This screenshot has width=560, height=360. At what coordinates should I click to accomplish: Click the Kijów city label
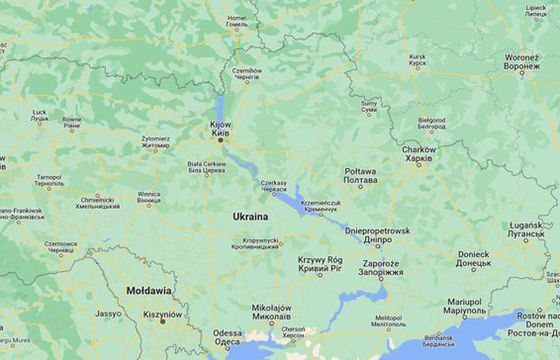pos(220,125)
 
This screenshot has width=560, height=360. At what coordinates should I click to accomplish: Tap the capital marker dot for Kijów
pos(221,140)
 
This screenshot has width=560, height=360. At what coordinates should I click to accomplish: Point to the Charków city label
pos(419,150)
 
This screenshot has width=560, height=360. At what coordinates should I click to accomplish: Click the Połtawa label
pos(360,172)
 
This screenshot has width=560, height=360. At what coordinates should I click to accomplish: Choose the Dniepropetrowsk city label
pos(377,230)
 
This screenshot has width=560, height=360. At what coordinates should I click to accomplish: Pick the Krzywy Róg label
pos(320,260)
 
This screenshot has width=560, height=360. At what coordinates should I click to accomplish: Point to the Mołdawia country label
pos(148,290)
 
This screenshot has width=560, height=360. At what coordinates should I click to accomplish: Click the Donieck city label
pos(474,254)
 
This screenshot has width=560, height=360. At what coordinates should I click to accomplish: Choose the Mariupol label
pos(465,301)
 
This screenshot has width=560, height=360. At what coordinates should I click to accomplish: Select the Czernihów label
pos(246,71)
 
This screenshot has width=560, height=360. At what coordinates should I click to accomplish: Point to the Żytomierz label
pos(155,138)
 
